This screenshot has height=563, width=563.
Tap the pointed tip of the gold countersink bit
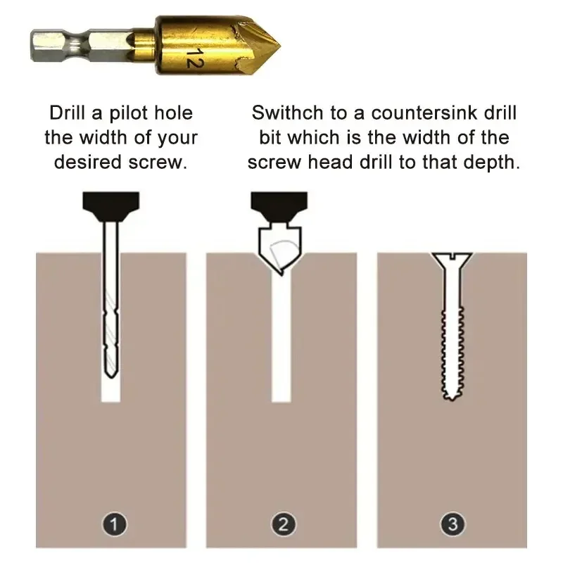point(279,46)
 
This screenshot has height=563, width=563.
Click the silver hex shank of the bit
point(83,45)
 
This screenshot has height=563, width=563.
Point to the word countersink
point(424,113)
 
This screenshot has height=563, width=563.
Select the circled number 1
point(114,524)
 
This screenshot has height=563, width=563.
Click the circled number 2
point(284,524)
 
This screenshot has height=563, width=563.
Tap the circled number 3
point(453,524)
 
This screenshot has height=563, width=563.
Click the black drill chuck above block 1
point(111,206)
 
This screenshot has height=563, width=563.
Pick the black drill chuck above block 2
point(279,206)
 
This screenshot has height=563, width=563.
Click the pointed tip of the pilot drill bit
point(111,377)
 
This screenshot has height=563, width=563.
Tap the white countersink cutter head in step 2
point(280,248)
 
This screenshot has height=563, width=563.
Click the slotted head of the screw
point(452,260)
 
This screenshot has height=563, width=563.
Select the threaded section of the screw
point(452,352)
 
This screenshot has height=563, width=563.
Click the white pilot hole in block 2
point(281,338)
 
